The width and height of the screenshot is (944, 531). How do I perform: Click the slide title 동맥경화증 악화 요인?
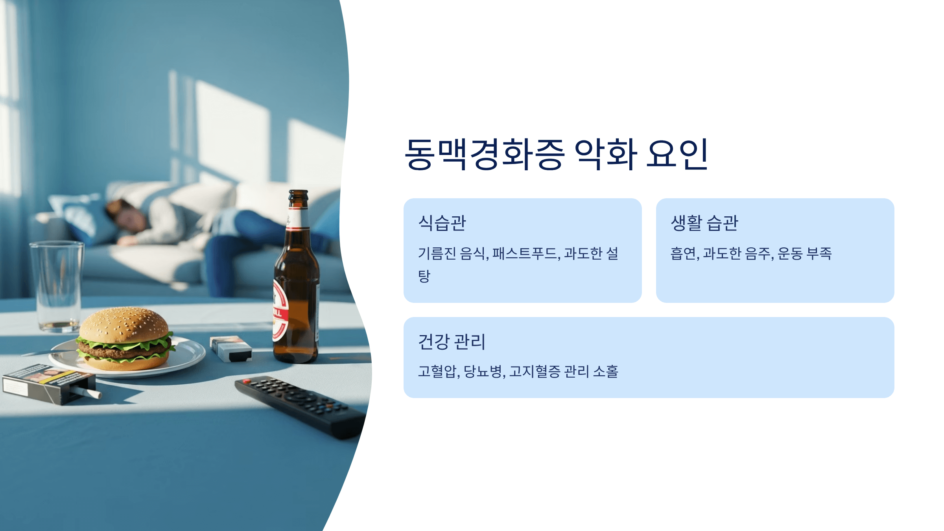point(556,154)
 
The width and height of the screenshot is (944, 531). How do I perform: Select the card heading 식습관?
point(442,223)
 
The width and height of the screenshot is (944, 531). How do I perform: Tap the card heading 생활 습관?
point(704,223)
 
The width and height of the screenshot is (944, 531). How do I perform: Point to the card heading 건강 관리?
point(452,341)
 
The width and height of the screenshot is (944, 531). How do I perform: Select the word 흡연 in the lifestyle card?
point(684,253)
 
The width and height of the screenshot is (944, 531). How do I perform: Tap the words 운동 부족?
point(805,253)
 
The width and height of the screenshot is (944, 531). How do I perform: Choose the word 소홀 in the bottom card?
point(606,371)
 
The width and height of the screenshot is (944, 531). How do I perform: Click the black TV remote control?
point(300,407)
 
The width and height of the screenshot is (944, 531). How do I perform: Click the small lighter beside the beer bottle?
point(231,348)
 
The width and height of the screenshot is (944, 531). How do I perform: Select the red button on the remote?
point(247,381)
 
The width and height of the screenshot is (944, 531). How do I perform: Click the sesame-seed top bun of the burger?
point(124,324)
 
